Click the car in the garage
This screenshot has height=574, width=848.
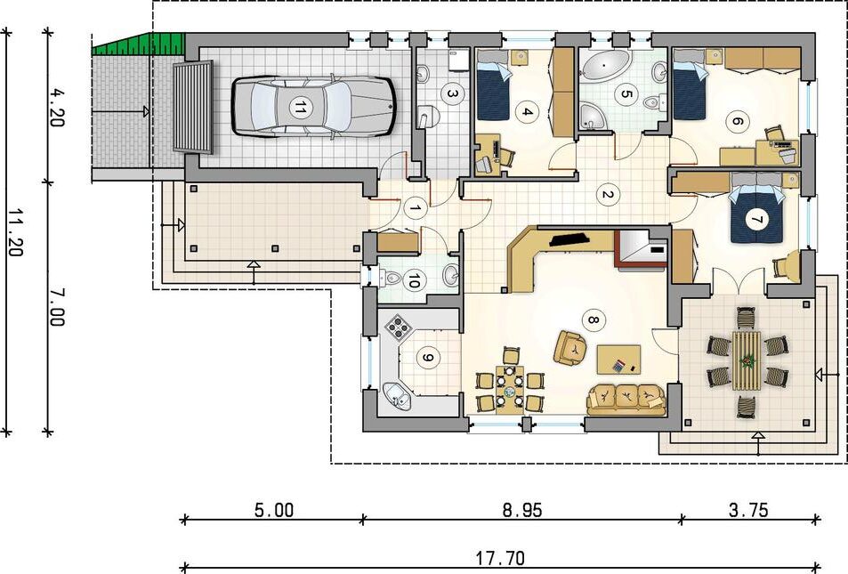314,106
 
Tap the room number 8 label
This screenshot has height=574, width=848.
593,320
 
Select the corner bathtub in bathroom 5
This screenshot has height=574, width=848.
594,117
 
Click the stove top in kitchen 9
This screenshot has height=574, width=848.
399,327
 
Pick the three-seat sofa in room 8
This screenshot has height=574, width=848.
626,400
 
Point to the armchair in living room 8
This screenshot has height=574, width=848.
571,347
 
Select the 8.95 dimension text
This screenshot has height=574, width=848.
522,510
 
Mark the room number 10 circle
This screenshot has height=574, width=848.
414,280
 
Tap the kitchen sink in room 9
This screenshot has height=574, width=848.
397,397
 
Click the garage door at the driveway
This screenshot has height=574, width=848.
192,107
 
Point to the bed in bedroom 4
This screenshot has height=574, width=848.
493,85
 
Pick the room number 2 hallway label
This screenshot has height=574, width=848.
606,195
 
